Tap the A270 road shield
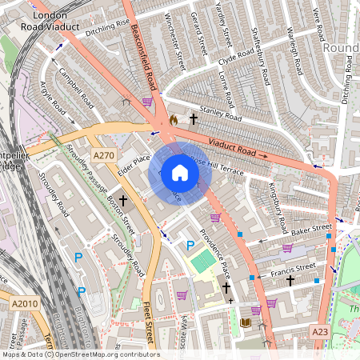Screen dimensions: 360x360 coord(103,155)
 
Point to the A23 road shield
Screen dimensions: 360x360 coord(320,331)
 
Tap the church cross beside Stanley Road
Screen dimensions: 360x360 coord(193,118)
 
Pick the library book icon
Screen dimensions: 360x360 coord(246,322)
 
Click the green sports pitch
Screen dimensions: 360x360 coord(203,261)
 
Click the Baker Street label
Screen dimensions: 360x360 coord(310,230)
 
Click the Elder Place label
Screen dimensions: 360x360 coord(134,164)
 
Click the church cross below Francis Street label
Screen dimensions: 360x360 coord(290,281)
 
